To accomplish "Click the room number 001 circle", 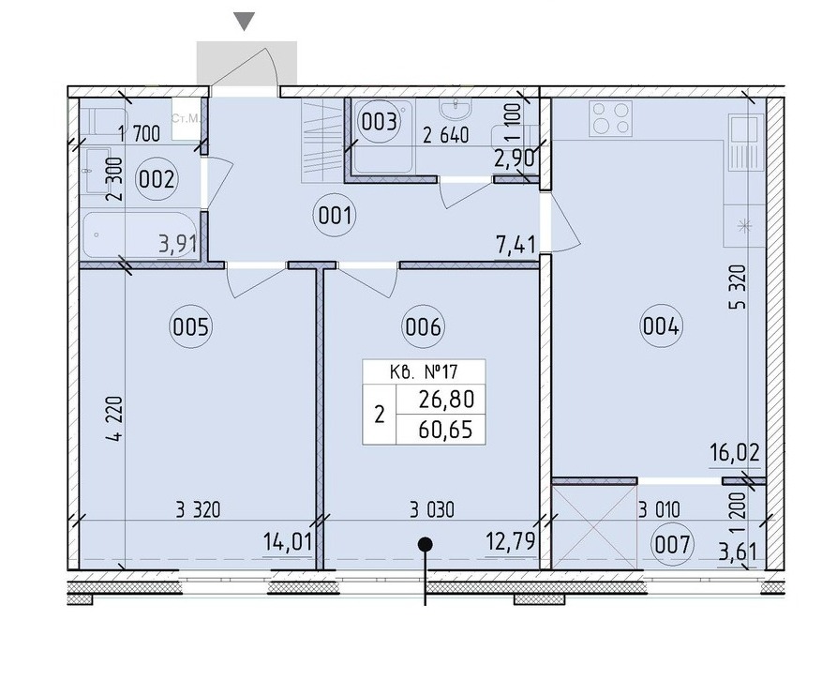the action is point(335,217).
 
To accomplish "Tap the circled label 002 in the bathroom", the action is point(156,179).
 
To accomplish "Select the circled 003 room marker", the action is point(379,122).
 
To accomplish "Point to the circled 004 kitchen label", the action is point(661,325).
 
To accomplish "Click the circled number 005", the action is point(191,325).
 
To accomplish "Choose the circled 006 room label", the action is point(424,325).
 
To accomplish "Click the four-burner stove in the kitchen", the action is point(611,118).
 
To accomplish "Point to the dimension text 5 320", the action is point(738,288).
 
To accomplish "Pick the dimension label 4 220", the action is point(114,419).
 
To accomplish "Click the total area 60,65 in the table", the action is point(446,430).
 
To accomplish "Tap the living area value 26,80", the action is point(446,399).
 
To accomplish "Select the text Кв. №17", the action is point(424,371).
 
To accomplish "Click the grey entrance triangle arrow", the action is point(245,21).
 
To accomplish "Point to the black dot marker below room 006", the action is point(425,544).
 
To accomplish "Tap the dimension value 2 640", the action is point(446,136).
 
